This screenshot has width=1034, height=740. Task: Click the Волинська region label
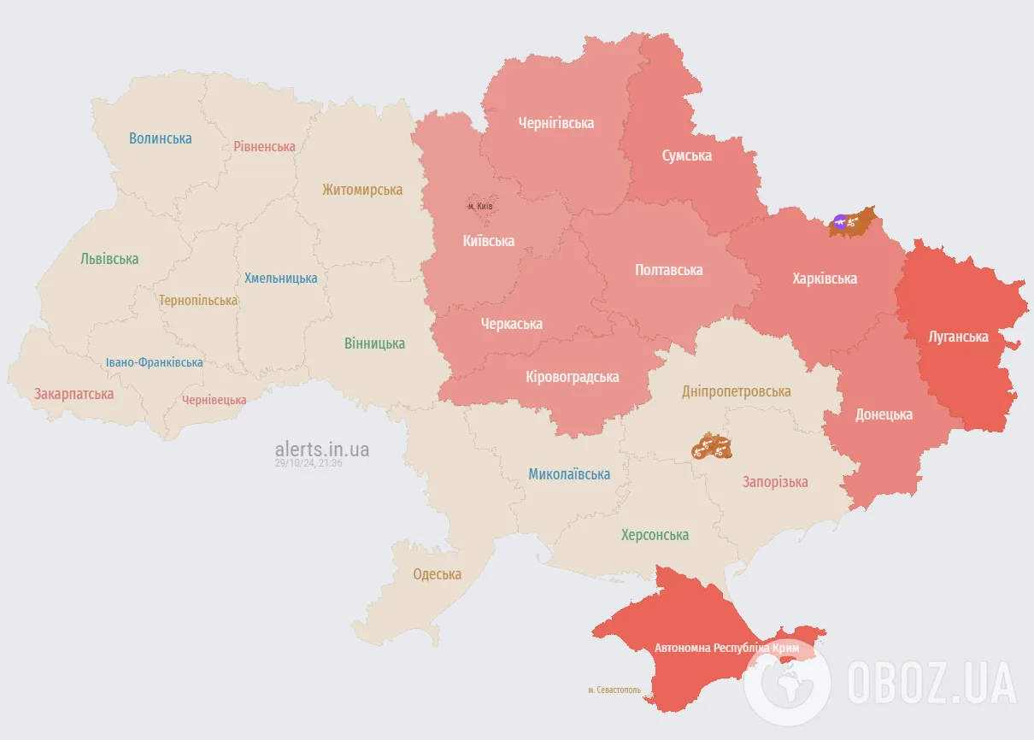pos(161,138)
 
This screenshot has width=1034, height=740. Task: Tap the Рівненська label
pos(264,146)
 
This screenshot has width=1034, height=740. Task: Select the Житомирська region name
pos(362,190)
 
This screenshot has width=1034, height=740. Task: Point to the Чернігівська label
pos(556,123)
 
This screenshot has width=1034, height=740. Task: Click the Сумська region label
pos(686,156)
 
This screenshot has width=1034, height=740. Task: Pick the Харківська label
pos(825,279)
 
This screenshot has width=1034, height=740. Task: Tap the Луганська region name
pos(958,337)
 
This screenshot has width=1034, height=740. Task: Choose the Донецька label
pos(884,414)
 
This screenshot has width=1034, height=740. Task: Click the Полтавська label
pos(669,270)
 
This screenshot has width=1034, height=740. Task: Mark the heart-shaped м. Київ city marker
pos(479,206)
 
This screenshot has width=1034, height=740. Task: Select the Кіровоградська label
pos(573,377)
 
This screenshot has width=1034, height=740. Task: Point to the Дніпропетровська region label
pos(737,391)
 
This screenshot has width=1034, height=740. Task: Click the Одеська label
pos(437,574)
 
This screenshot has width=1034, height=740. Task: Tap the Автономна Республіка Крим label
pos(726,649)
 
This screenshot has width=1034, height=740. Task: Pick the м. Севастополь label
pos(614,690)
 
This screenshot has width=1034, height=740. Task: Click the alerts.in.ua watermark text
pos(322,449)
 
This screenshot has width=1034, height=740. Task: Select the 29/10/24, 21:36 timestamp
pos(308,463)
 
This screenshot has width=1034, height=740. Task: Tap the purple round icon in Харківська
pos(841,222)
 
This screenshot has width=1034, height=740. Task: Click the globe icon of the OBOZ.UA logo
pos(787,682)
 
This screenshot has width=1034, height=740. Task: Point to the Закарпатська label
pos(73,394)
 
